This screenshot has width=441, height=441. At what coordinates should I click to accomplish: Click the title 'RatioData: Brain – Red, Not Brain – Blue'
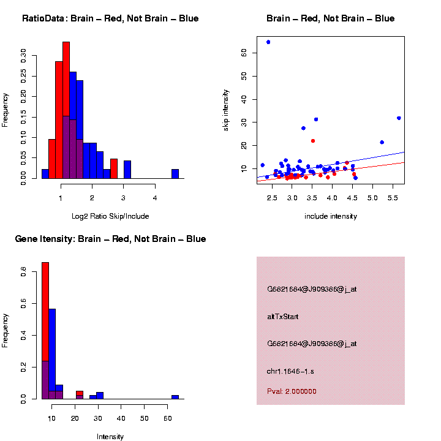(x=110, y=18)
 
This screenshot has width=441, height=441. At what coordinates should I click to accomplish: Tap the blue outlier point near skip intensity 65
(x=268, y=42)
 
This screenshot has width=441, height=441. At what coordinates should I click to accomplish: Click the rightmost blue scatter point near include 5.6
(x=399, y=118)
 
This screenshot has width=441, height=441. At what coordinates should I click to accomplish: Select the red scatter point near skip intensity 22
(x=313, y=141)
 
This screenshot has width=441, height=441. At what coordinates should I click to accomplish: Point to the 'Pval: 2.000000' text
(x=292, y=391)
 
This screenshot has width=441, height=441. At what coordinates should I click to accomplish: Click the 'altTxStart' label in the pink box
(x=283, y=317)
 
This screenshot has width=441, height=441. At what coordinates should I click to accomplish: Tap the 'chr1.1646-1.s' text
(x=290, y=371)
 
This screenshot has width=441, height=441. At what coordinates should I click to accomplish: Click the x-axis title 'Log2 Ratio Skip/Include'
(x=110, y=216)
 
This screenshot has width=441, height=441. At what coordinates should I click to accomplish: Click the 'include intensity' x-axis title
(x=331, y=216)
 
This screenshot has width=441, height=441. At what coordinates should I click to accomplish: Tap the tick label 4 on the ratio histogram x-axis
(x=155, y=197)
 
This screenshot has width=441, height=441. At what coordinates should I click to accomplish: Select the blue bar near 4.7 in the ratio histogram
(x=175, y=174)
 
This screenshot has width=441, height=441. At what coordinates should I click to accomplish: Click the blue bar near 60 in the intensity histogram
(x=175, y=397)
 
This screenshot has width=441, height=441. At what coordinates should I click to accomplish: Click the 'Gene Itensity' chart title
(x=110, y=239)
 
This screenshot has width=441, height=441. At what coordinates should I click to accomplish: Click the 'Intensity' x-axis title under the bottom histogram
(x=110, y=437)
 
